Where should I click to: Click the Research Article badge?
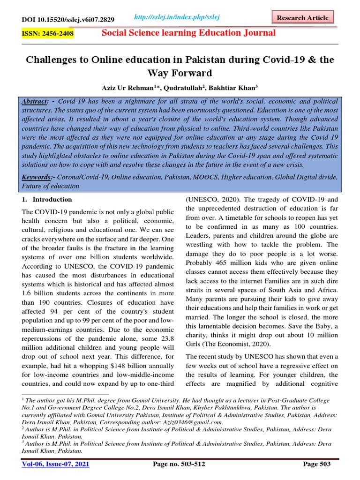coord(302,18)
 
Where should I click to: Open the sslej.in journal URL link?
coord(177,17)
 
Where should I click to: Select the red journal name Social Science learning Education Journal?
coord(189,33)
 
